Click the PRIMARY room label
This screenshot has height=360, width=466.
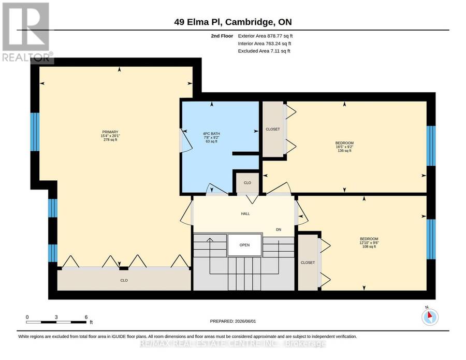pos(110,132)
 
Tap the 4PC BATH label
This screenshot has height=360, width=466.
pos(212,134)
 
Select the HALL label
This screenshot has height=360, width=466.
pos(245,214)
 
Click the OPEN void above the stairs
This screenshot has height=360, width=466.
pos(244,245)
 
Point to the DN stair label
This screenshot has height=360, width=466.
pos(279,230)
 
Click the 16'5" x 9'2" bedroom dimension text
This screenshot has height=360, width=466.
pos(344,147)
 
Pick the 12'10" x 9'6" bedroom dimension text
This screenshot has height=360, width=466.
pos(369,242)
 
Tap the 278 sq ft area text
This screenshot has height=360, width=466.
pos(110,140)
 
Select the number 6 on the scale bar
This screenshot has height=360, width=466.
pos(86,317)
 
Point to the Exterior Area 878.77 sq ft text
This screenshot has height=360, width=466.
pos(266,36)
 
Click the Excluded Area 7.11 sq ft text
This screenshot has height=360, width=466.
pos(264,51)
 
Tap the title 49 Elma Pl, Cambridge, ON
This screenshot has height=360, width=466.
pos(233,22)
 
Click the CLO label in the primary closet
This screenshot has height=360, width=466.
pos(124,281)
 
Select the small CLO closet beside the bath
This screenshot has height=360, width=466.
pos(247,183)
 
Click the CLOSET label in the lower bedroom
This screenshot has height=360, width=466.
pos(308,263)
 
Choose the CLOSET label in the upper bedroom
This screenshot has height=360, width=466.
pos(273,129)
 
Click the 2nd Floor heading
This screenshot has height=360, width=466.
pos(222,36)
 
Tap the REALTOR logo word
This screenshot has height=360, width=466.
pos(26,57)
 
